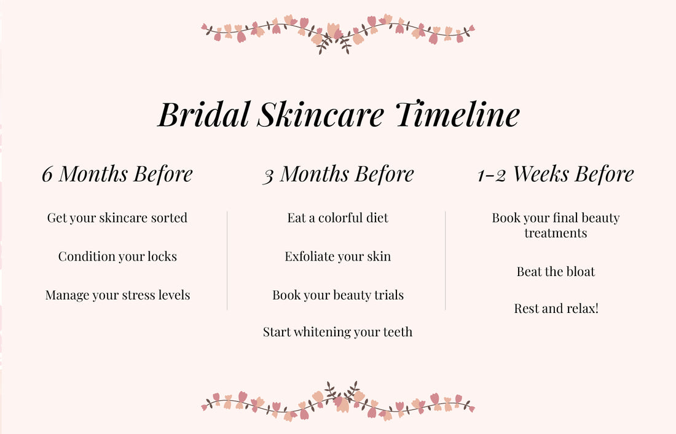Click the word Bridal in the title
tap(203, 115)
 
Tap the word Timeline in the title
tap(457, 115)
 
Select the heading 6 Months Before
tap(117, 174)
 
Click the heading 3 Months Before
tap(338, 174)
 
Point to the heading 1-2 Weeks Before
tap(556, 174)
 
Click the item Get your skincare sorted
tap(117, 218)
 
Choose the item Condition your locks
tap(117, 256)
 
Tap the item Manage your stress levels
tap(117, 295)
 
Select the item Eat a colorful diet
tap(337, 218)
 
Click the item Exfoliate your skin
tap(337, 256)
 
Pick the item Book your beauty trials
tap(338, 295)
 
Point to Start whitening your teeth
tap(337, 332)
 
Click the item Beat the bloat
tap(556, 272)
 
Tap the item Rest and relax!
tap(556, 309)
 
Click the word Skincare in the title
tap(320, 115)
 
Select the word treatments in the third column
tap(556, 234)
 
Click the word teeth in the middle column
tap(397, 332)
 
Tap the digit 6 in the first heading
tap(47, 175)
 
